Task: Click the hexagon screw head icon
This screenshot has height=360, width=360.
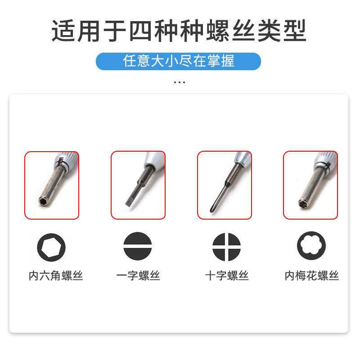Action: (x=51, y=247)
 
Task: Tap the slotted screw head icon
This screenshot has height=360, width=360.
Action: (x=138, y=246)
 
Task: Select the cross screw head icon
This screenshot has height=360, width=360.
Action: (x=226, y=247)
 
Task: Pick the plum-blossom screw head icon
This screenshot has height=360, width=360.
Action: (x=311, y=246)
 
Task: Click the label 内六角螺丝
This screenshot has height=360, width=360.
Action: (x=55, y=275)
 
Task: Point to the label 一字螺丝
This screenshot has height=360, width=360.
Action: (x=138, y=275)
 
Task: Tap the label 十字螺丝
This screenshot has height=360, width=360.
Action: (x=227, y=275)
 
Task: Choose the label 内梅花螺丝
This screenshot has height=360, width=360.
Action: (x=312, y=275)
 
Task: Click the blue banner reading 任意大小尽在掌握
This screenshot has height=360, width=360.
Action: (x=178, y=61)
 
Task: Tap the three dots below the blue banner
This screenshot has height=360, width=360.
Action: (x=180, y=82)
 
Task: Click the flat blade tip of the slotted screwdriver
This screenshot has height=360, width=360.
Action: (x=128, y=204)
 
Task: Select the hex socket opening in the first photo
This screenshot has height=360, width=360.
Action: (x=43, y=202)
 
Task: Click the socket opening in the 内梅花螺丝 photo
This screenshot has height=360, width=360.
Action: (x=302, y=203)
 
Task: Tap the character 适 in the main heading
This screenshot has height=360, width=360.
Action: (x=63, y=31)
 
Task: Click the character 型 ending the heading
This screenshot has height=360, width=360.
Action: (x=295, y=31)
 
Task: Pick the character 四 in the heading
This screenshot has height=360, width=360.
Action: (x=140, y=31)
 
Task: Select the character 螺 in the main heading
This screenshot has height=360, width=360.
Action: (x=218, y=31)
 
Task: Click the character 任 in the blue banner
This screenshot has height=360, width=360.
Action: (x=130, y=61)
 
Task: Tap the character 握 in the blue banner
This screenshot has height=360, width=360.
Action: (x=228, y=61)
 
